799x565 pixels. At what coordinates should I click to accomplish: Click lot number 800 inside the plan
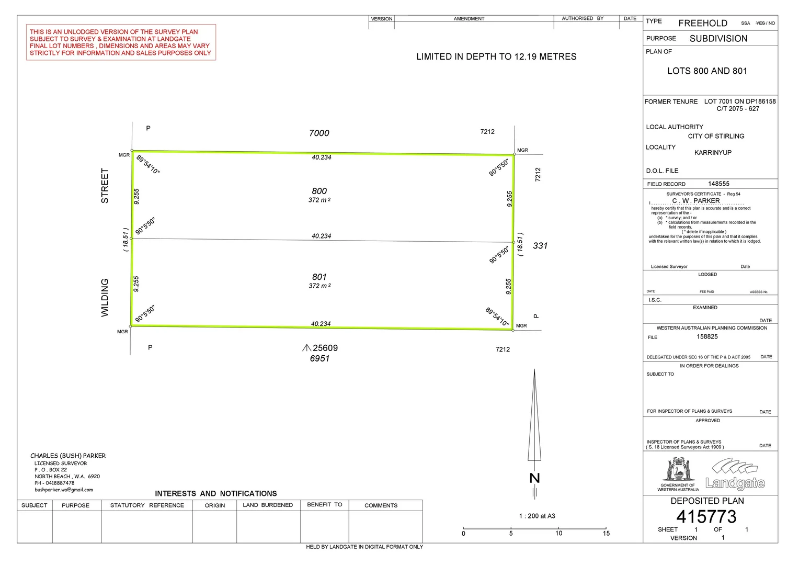pyautogui.click(x=319, y=191)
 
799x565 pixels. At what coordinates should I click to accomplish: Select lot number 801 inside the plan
pyautogui.click(x=319, y=277)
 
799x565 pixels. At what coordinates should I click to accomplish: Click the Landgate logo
pyautogui.click(x=735, y=474)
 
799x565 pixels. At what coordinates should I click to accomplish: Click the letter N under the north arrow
pyautogui.click(x=535, y=478)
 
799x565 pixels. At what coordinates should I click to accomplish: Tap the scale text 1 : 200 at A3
pyautogui.click(x=537, y=516)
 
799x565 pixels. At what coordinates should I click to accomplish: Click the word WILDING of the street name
pyautogui.click(x=105, y=298)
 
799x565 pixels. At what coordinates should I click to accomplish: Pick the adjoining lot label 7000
pyautogui.click(x=319, y=133)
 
